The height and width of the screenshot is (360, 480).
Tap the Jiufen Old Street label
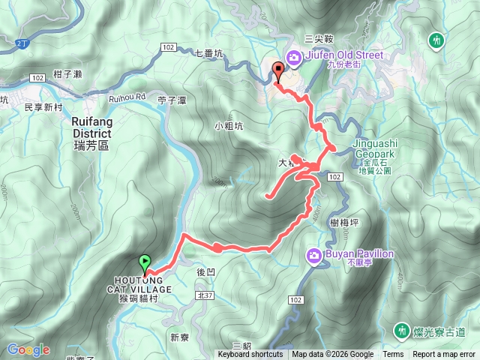(344, 55)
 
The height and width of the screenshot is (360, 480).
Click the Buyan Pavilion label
(359, 254)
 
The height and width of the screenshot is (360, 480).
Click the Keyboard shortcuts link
(250, 355)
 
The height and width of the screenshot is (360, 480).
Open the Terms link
(393, 355)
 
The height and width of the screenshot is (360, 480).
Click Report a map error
(445, 355)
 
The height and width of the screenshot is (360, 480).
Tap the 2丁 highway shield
(20, 44)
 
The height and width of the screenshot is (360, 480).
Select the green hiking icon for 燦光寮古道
(402, 330)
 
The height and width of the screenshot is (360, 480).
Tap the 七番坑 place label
(209, 53)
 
